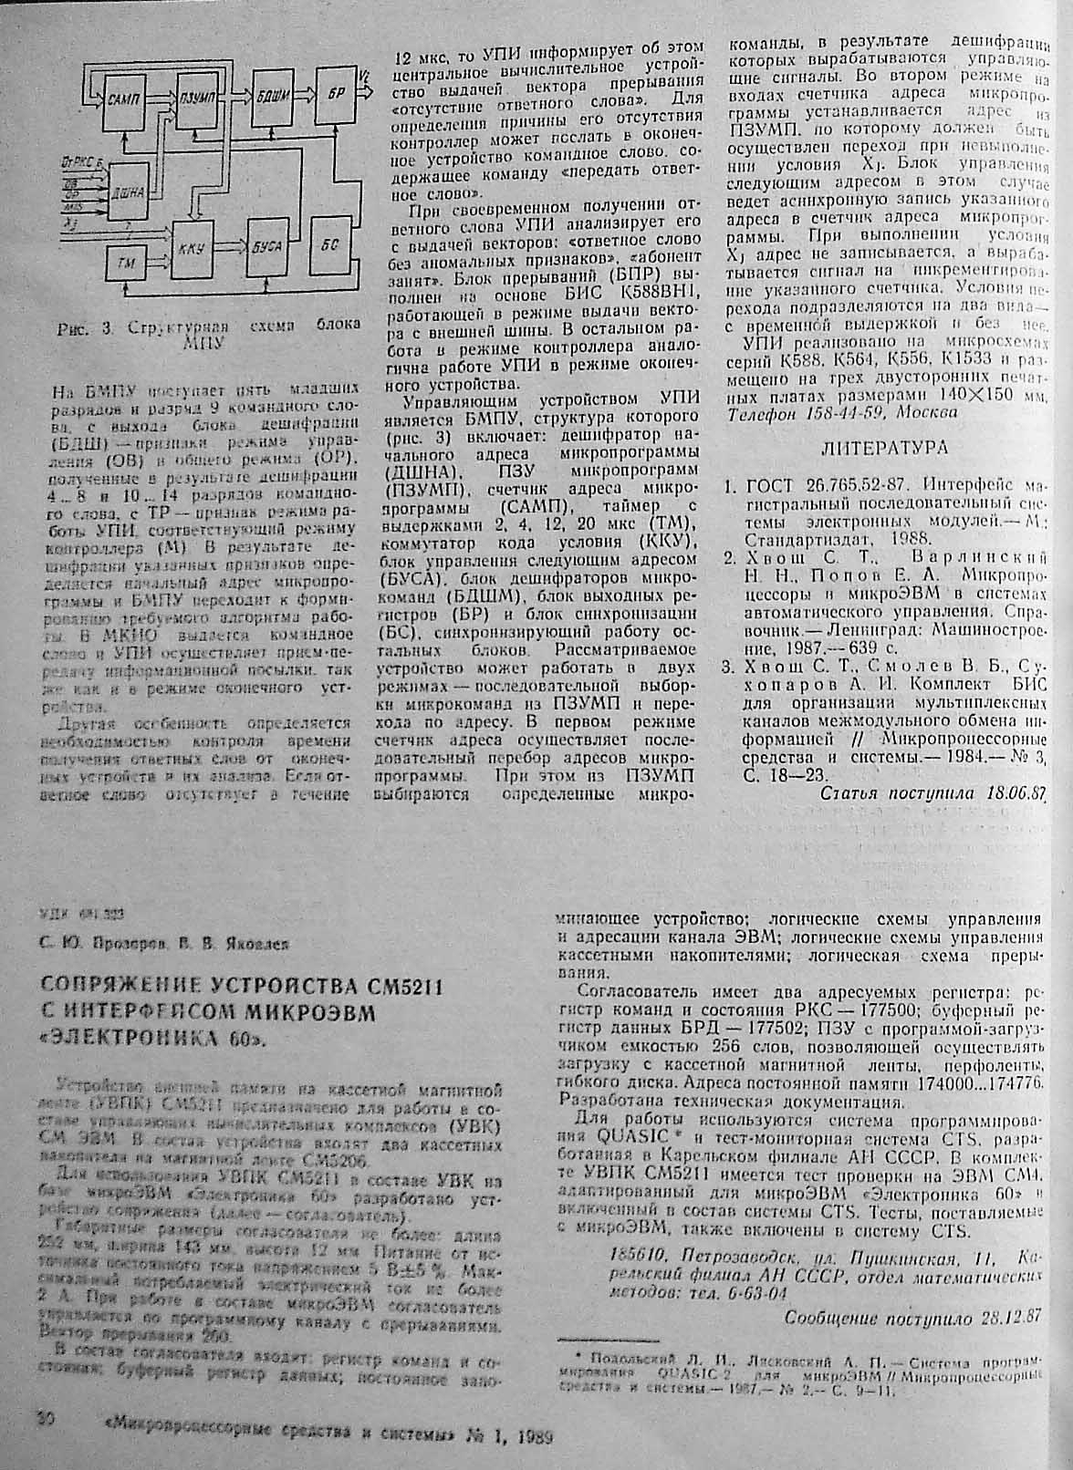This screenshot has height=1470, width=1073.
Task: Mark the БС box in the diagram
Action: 331,244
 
